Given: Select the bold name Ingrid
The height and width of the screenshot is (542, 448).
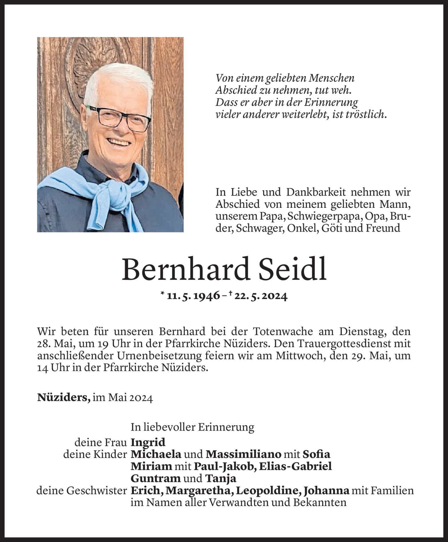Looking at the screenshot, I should pos(148,442).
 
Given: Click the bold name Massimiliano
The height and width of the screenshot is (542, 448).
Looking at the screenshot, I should pos(244,454).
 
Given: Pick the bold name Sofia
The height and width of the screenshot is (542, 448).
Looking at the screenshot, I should pos(316,454).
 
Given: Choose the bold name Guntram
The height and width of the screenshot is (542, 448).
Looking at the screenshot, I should pos(156,478).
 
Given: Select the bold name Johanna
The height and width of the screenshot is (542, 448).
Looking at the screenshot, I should pos(326,491).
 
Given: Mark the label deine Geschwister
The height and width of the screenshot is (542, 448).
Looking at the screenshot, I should pos(81,491).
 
